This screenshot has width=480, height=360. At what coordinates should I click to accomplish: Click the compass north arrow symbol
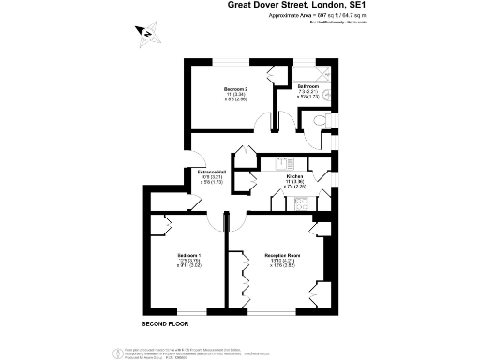tap(146, 34)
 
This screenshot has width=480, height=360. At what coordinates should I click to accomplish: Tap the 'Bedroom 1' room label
tap(190, 254)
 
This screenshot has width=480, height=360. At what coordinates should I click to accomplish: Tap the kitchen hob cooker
tap(301, 201)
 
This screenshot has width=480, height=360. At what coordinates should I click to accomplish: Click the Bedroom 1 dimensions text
tap(190, 264)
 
